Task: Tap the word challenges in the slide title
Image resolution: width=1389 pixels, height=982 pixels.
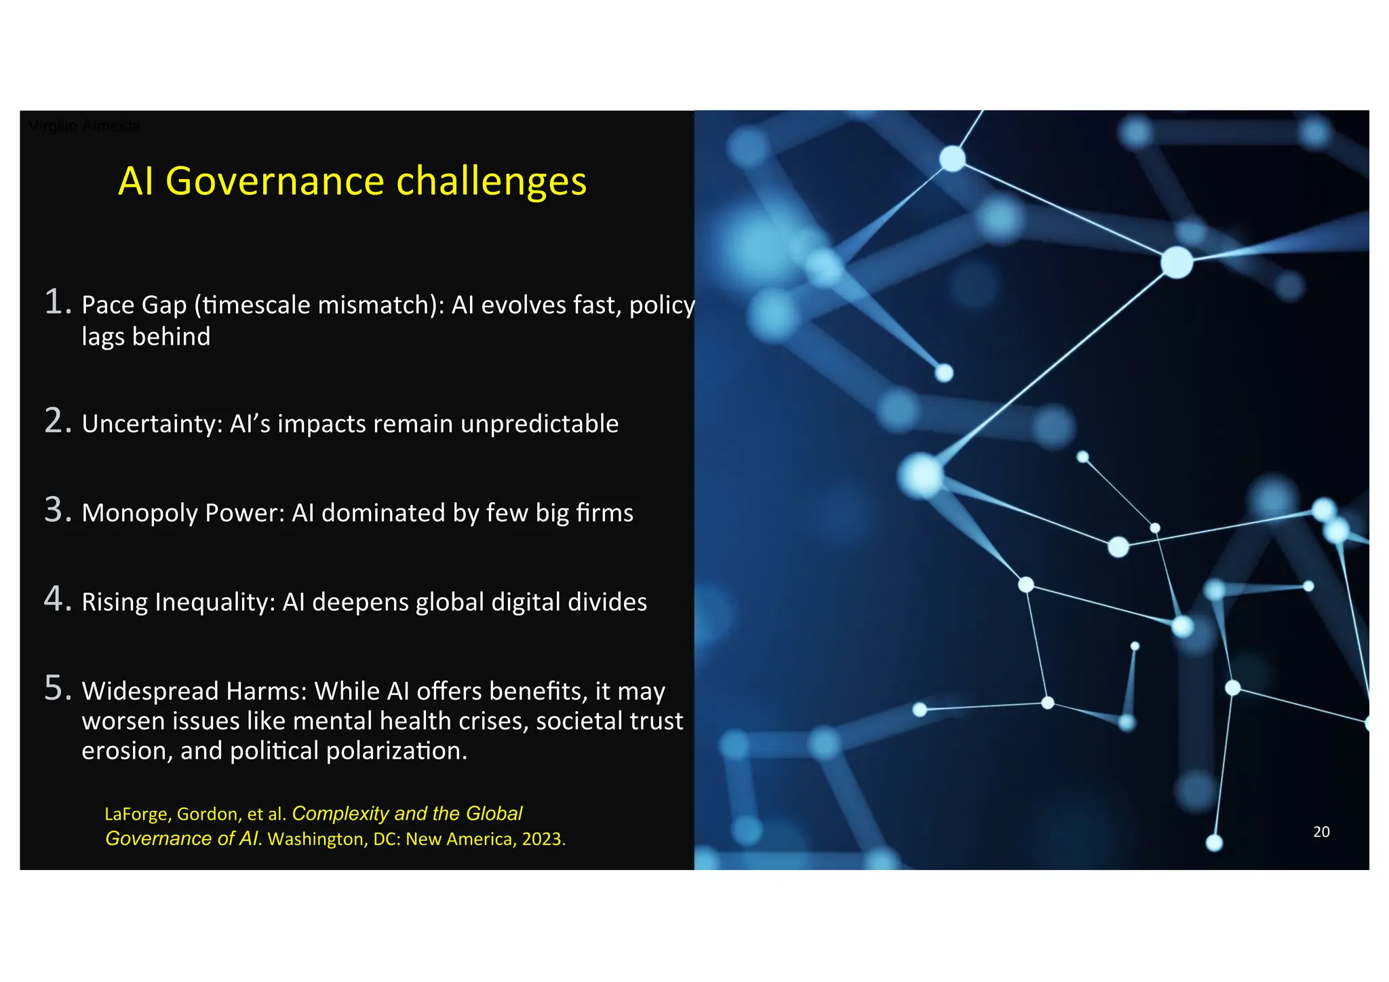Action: pos(491,181)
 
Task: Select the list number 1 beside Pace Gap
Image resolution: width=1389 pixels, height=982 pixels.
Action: pos(58,302)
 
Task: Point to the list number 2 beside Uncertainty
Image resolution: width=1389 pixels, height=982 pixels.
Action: pos(58,421)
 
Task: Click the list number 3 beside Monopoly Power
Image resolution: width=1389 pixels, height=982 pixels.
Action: pos(58,510)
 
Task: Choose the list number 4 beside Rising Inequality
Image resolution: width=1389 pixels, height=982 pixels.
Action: pos(58,599)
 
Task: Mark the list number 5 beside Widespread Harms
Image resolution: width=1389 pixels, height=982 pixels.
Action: pos(58,687)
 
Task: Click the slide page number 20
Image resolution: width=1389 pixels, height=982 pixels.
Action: pos(1321,831)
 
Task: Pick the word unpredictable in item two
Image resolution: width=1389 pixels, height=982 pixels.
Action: pos(539,423)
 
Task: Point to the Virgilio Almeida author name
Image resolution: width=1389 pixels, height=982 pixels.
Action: pos(84,126)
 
